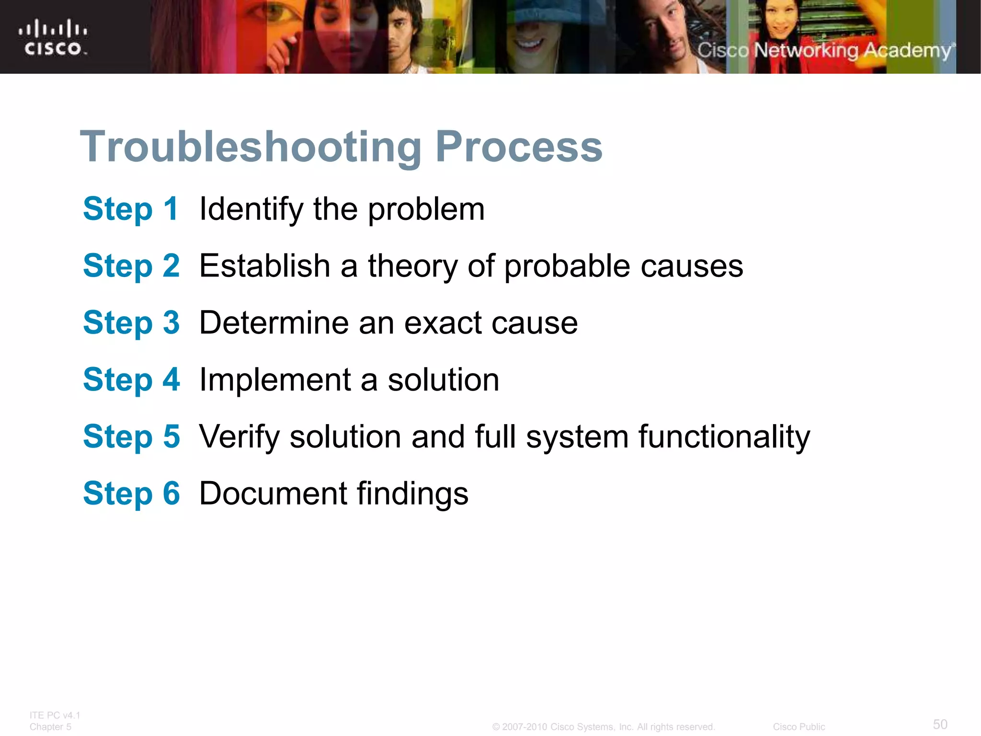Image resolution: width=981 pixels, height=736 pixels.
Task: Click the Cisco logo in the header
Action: tap(53, 37)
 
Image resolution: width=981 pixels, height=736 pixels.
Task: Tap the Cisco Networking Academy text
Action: tap(825, 50)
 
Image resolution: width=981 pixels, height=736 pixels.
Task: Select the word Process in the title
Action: tap(518, 147)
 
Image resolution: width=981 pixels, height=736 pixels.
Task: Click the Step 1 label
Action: tap(131, 209)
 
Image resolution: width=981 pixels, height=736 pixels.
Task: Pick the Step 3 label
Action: tap(131, 322)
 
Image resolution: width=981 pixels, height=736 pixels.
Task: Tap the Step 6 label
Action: tap(131, 493)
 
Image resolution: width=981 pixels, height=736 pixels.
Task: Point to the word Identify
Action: tap(251, 210)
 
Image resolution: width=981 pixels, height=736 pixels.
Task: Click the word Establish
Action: tap(265, 266)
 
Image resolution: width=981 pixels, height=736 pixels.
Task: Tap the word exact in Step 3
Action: tap(443, 323)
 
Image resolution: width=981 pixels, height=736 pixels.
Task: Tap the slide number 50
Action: tap(940, 724)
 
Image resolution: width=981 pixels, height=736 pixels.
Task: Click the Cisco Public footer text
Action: tap(798, 727)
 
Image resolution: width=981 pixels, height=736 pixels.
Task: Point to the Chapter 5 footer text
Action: tap(50, 727)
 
